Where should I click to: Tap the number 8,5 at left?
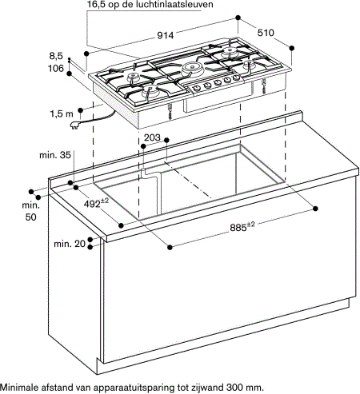click(55, 56)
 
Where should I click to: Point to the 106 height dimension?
click(54, 69)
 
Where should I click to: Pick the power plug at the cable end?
click(78, 126)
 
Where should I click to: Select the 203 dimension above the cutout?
click(152, 138)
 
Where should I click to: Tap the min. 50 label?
click(30, 211)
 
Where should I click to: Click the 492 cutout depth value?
click(97, 204)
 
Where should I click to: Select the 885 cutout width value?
click(242, 227)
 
